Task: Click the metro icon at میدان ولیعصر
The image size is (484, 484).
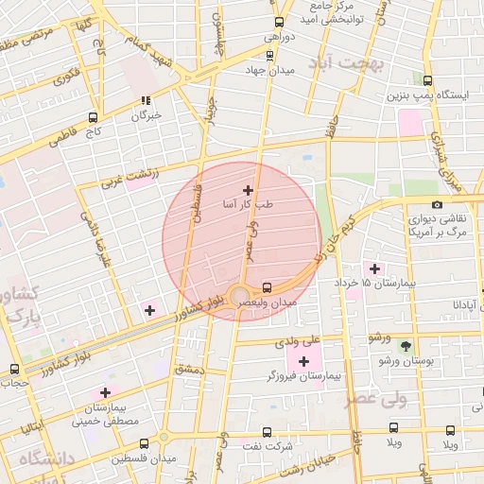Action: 267,286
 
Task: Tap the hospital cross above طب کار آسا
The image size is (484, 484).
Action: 248,190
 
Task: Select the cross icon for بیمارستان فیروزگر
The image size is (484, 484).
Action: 303,362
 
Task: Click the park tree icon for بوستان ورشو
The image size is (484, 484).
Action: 406,347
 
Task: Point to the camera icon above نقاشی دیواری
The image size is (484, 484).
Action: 436,204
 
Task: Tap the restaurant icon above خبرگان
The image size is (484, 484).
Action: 146,99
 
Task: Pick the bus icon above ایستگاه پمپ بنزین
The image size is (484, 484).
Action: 427,81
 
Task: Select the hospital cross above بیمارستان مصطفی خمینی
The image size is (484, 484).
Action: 105,392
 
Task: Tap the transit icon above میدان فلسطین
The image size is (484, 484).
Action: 144,443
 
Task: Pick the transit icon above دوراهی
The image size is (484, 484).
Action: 278,22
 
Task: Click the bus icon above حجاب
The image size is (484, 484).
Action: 13,369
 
